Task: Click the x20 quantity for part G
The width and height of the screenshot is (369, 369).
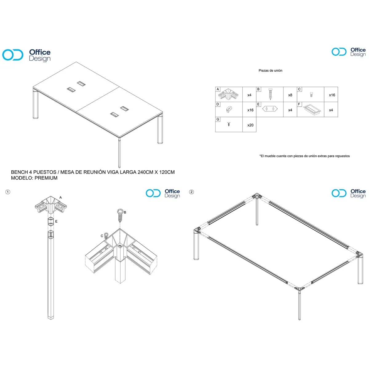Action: coord(250,125)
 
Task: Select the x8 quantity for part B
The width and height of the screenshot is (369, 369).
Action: coord(290,95)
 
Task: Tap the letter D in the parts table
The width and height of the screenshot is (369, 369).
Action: coord(217,104)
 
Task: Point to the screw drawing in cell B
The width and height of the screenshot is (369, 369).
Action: coord(270,94)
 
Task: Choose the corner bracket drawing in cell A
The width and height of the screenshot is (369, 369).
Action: coord(228,94)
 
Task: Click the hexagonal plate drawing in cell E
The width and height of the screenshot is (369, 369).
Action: coord(270,109)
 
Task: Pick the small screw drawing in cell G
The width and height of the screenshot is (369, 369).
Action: coord(228,124)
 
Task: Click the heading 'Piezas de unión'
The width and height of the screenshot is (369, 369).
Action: coord(270,70)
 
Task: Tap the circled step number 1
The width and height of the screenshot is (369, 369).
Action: coord(8,192)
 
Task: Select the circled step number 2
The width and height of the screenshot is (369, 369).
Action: coord(191,192)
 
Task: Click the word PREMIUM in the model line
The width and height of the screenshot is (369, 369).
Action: coord(46,178)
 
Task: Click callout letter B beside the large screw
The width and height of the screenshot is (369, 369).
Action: coord(125,212)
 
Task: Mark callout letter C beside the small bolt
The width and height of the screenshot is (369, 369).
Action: coord(102,236)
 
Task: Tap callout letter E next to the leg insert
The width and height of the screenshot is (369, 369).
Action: coord(56,221)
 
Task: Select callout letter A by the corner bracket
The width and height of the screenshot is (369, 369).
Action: coord(61,197)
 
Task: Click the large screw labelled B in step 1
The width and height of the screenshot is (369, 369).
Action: coord(120,216)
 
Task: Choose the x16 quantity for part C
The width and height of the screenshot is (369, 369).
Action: coord(332,95)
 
